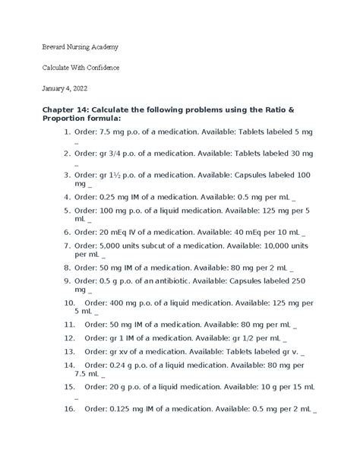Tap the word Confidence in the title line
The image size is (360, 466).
pos(99,68)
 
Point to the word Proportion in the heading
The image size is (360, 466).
pos(68,125)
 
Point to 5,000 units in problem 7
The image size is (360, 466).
pos(121,247)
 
